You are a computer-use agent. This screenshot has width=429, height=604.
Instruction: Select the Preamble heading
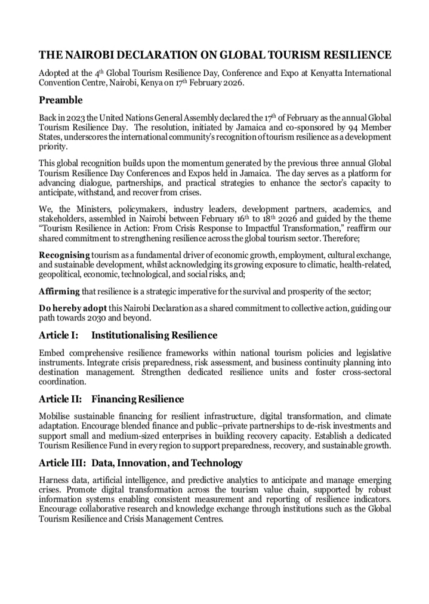(x=61, y=100)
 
